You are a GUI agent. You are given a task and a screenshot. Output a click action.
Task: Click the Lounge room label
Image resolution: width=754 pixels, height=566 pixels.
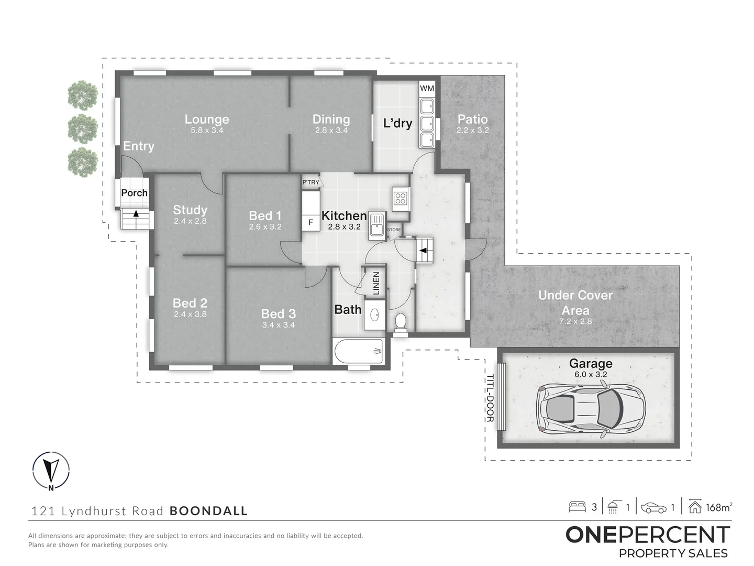pyautogui.click(x=207, y=119)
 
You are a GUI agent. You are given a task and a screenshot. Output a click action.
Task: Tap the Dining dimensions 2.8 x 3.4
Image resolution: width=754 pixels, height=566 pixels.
pyautogui.click(x=331, y=130)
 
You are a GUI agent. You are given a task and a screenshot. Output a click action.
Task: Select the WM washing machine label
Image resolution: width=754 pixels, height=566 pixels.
pyautogui.click(x=427, y=88)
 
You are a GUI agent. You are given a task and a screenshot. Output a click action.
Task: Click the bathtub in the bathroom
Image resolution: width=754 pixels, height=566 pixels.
pyautogui.click(x=360, y=351)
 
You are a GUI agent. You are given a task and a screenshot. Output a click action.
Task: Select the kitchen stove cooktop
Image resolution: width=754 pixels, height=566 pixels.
pyautogui.click(x=401, y=198)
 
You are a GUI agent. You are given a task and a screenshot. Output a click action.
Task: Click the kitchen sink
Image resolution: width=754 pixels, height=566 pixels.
pyautogui.click(x=376, y=225)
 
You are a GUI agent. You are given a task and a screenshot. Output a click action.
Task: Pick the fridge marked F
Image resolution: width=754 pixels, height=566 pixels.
pyautogui.click(x=311, y=222)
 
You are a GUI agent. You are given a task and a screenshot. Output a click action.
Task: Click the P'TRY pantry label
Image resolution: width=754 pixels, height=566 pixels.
pyautogui.click(x=311, y=182)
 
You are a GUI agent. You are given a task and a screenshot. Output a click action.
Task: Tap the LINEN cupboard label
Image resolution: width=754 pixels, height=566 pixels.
pyautogui.click(x=376, y=283)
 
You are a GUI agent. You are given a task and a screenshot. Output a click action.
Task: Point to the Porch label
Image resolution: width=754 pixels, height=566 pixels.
pyautogui.click(x=134, y=193)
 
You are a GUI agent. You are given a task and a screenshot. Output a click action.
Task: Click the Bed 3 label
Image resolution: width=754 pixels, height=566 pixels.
pyautogui.click(x=278, y=314)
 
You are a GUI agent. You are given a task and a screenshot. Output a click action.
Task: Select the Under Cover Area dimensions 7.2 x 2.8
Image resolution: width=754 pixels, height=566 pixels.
pyautogui.click(x=575, y=321)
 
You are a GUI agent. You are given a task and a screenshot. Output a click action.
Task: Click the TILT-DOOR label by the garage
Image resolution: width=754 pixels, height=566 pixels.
pyautogui.click(x=490, y=398)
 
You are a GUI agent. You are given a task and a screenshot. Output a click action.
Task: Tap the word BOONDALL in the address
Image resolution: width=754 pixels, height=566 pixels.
pyautogui.click(x=208, y=511)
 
